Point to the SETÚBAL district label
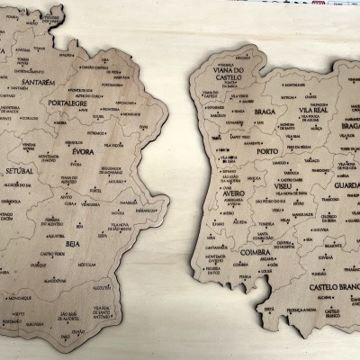19,171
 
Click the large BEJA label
72,243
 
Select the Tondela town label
265,224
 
